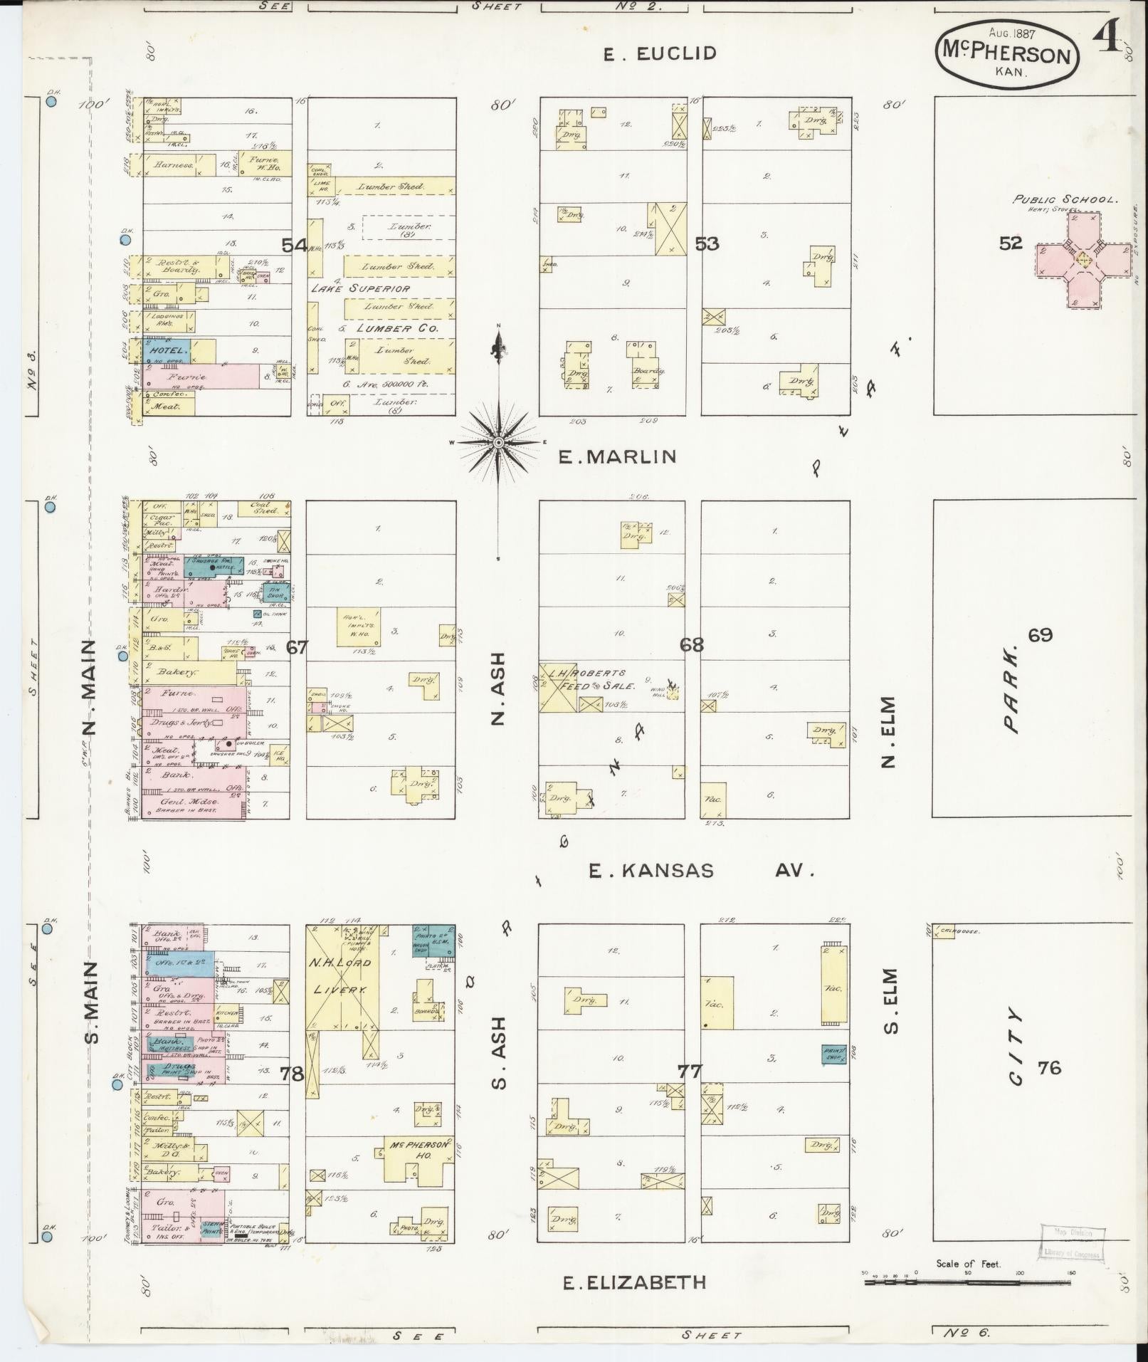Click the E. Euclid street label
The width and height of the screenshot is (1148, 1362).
tap(659, 53)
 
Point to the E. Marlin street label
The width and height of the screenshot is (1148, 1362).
tap(616, 456)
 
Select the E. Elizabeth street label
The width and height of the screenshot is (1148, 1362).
tap(634, 1283)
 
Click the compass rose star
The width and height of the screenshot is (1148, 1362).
tap(499, 442)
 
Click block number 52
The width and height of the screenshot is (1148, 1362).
tap(1010, 243)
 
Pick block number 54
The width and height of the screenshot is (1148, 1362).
tap(293, 246)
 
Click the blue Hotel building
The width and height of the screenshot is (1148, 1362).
tap(168, 350)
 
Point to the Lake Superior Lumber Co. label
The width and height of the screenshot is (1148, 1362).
tap(377, 308)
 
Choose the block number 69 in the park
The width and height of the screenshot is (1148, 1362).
tap(1039, 635)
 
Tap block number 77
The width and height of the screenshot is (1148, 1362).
tap(689, 1070)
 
